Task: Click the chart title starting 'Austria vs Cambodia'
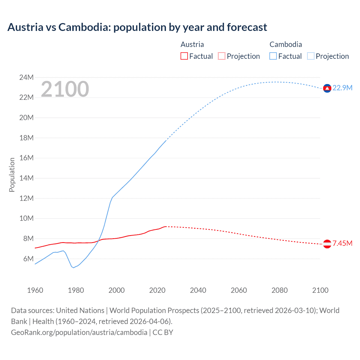(137, 27)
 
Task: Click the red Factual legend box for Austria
(184, 56)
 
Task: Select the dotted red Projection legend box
(222, 56)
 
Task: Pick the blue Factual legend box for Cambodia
(273, 56)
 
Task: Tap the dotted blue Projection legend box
(311, 56)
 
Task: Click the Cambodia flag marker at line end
(327, 88)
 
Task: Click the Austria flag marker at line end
(327, 244)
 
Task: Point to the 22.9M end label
(342, 88)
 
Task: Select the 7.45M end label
(342, 244)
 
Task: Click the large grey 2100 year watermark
(65, 89)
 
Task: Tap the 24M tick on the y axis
(26, 77)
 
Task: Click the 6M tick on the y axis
(28, 259)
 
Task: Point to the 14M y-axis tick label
(26, 178)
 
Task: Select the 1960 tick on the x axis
(35, 290)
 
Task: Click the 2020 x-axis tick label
(157, 290)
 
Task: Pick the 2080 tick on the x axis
(280, 290)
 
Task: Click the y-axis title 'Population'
(12, 175)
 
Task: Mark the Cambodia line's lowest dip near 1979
(73, 267)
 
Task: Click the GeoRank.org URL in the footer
(79, 332)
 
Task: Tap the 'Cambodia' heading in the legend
(285, 44)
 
